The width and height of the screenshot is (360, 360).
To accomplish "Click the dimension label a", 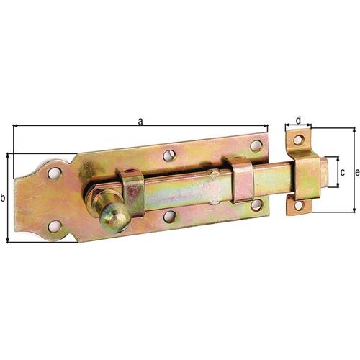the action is coord(140,122).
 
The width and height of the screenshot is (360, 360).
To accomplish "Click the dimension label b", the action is coord(3,198).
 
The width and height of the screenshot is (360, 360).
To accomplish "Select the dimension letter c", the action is coord(343,172).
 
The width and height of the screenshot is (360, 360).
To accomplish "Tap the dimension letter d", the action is coord(298,120).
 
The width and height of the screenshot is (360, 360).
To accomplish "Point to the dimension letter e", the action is coord(357,172).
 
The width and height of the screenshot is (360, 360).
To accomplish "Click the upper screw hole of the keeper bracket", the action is coord(298,140).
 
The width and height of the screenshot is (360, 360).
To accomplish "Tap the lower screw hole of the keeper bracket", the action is coord(298,206).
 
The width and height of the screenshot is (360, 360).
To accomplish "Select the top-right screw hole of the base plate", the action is coord(256,145).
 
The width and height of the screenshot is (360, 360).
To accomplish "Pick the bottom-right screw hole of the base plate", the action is coord(256,204).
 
